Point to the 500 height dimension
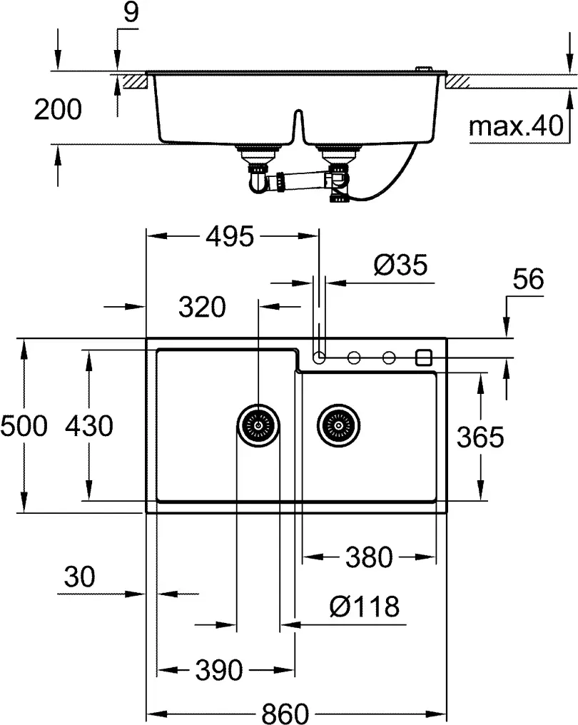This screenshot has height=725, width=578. tap(24, 426)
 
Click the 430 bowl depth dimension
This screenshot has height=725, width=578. tap(88, 426)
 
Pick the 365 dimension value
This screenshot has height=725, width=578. tap(480, 437)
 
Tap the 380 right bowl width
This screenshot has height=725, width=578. tap(368, 557)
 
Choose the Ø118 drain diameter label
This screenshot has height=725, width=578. tap(364, 607)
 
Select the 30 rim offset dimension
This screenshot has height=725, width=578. tap(78, 577)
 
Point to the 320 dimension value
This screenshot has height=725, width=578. tap(202, 308)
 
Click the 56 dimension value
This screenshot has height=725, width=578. tap(528, 280)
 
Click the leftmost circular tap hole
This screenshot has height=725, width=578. tap(319, 356)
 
